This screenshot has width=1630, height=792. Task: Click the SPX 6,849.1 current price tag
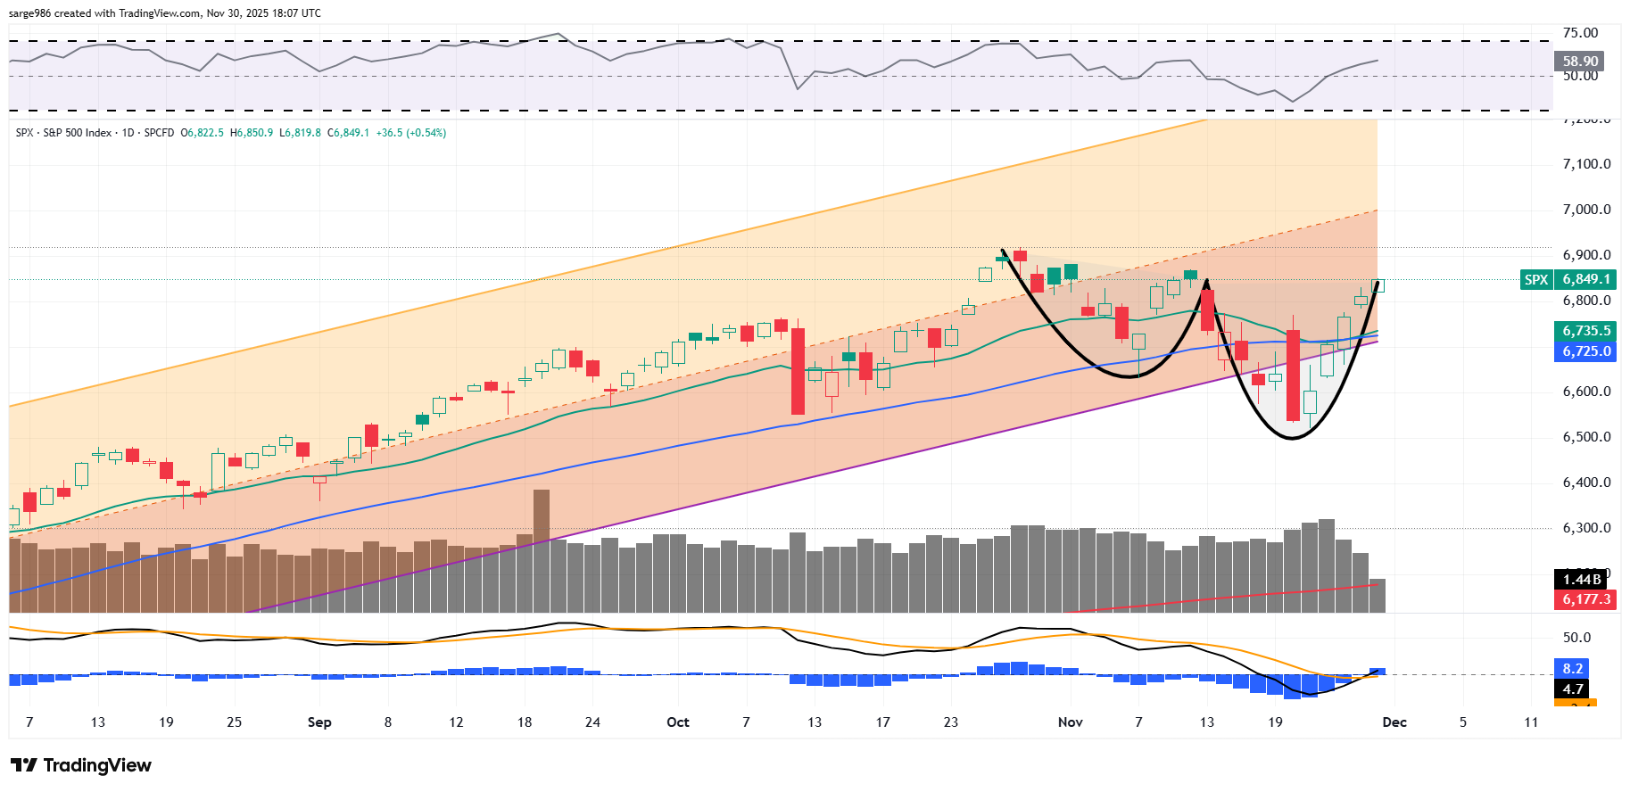click(1568, 279)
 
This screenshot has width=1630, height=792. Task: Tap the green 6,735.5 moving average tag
click(1585, 331)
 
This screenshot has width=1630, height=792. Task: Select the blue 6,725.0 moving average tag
click(1585, 351)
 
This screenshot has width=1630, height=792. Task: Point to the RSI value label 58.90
click(1579, 62)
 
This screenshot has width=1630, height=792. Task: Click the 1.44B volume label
click(1582, 580)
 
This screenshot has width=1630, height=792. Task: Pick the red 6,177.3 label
click(1585, 599)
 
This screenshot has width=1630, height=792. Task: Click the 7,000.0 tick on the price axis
click(1586, 210)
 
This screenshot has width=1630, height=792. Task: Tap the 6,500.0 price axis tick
click(1586, 437)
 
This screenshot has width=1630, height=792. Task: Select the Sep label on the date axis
click(319, 722)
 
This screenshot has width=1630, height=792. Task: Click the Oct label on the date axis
click(678, 722)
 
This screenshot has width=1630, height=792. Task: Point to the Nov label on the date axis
click(1070, 722)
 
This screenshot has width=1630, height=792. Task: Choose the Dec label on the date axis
click(1394, 722)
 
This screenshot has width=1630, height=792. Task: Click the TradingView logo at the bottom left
click(81, 765)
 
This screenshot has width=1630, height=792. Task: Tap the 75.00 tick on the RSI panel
click(1580, 33)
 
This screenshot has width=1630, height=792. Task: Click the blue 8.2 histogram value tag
click(1572, 669)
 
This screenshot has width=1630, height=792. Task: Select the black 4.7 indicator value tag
click(1572, 689)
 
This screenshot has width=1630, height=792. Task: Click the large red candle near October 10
click(798, 371)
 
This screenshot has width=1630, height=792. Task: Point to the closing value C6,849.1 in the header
click(348, 133)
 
